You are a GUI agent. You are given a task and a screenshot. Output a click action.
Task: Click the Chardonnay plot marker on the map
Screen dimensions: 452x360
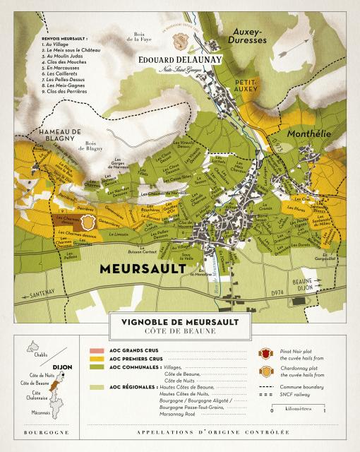(x=88, y=222)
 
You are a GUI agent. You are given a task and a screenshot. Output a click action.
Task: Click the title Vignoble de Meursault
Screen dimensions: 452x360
(x=179, y=322)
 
